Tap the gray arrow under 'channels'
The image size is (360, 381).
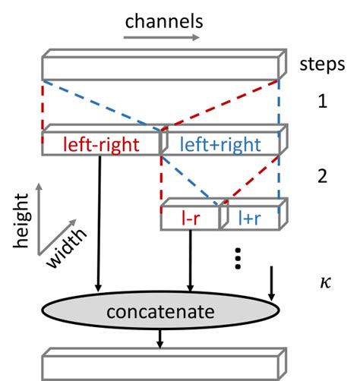click(164, 36)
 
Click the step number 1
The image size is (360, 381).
click(323, 100)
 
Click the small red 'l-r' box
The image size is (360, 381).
click(189, 218)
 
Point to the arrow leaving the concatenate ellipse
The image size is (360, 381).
click(159, 338)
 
